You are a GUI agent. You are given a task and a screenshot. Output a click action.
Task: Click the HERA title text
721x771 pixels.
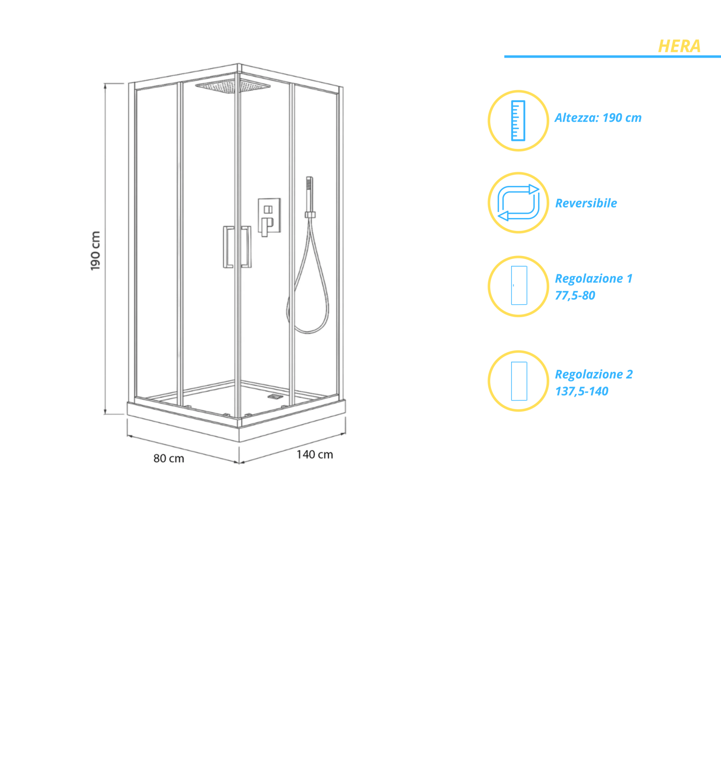679,46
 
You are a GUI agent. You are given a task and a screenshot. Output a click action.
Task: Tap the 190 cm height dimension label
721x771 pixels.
95,251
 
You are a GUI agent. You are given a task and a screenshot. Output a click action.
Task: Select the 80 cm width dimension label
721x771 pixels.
169,459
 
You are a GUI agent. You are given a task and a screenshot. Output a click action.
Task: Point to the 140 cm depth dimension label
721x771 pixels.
315,454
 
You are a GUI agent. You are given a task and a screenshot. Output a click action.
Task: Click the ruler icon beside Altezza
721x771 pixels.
518,120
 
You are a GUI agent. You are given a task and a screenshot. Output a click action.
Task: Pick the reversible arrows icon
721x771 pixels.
518,203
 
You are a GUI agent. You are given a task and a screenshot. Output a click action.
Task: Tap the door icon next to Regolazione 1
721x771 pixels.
519,285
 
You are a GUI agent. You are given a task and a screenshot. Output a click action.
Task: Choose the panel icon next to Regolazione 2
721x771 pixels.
519,381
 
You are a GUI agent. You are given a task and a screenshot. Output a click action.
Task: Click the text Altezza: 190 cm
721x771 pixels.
598,118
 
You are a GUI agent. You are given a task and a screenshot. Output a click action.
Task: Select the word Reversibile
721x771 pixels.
586,203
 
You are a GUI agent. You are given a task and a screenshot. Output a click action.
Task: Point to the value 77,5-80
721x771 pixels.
575,296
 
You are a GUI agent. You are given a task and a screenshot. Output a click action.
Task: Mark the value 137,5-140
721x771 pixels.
581,391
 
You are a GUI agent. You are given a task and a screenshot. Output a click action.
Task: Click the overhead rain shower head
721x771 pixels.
233,86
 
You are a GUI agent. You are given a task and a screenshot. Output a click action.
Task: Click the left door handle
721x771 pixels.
228,247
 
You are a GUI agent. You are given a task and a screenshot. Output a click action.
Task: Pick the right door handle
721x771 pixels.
246,247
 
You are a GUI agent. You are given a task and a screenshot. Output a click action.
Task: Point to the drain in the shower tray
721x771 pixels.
274,397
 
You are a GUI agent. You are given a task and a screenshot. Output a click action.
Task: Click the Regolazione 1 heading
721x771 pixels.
593,279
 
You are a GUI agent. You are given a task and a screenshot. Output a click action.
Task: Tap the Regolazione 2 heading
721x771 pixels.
594,374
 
